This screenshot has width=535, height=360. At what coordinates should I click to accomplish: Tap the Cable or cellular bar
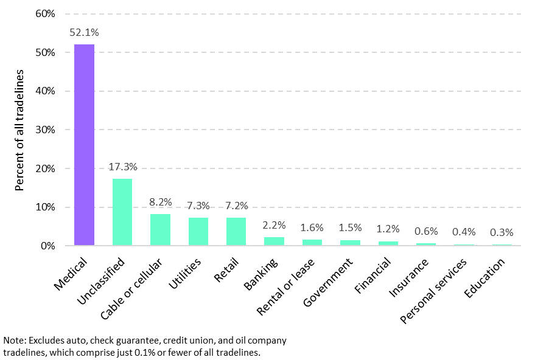[160, 230]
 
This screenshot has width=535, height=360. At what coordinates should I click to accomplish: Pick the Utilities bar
[198, 232]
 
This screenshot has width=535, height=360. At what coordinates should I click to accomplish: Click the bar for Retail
[236, 232]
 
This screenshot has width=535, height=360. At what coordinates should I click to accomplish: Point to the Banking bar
[274, 241]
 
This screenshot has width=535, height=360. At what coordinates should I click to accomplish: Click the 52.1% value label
[84, 32]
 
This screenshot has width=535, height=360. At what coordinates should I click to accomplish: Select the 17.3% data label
[122, 167]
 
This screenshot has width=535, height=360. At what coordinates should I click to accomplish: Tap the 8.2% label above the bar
[160, 202]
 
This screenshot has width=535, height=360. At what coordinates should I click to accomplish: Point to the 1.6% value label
[312, 227]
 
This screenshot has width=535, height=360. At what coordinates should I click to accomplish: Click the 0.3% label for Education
[502, 232]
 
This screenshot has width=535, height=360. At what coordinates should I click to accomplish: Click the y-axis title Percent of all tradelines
[19, 130]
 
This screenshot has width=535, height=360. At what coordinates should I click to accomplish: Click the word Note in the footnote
[13, 341]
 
